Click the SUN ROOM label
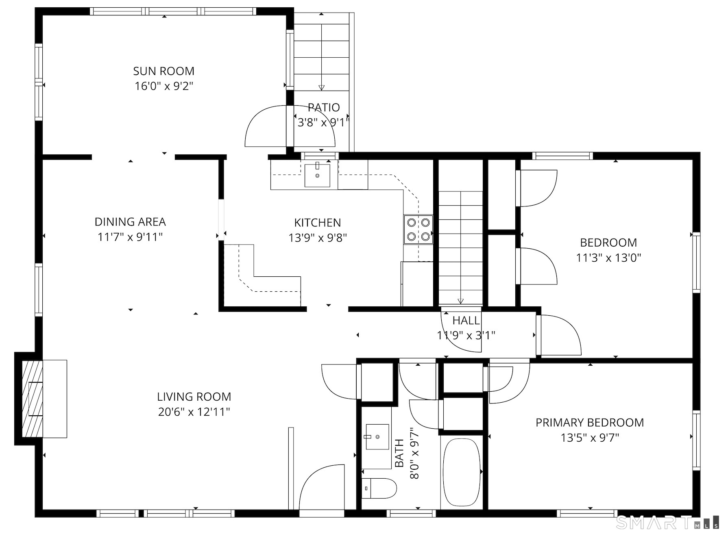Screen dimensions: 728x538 point(163,71)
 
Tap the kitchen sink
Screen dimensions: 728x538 point(317,176)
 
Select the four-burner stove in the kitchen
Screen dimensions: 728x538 point(418,230)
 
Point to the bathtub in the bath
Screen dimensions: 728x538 point(462,473)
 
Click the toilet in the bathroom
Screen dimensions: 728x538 point(379,488)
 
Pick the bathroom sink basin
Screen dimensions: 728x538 point(377,437)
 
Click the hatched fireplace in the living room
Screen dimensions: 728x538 point(32,399)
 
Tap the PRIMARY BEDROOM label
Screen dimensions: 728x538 point(590,423)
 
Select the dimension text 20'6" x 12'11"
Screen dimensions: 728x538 point(194,412)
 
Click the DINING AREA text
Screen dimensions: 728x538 point(130,222)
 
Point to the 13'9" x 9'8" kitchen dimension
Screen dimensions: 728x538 point(318,238)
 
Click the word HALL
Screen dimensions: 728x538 point(466,321)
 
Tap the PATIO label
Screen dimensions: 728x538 point(324,108)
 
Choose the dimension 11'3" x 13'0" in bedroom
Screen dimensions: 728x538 point(608,258)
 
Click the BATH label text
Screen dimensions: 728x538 point(399,453)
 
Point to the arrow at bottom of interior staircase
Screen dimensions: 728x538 point(460,301)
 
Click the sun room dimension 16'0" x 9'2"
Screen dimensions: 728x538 point(163,86)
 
